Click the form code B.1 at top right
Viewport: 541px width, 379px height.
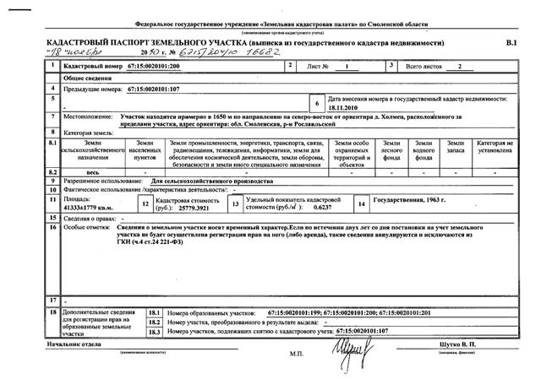click(510, 41)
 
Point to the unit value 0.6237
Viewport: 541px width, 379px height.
click(321, 208)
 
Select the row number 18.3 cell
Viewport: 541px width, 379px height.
click(153, 332)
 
